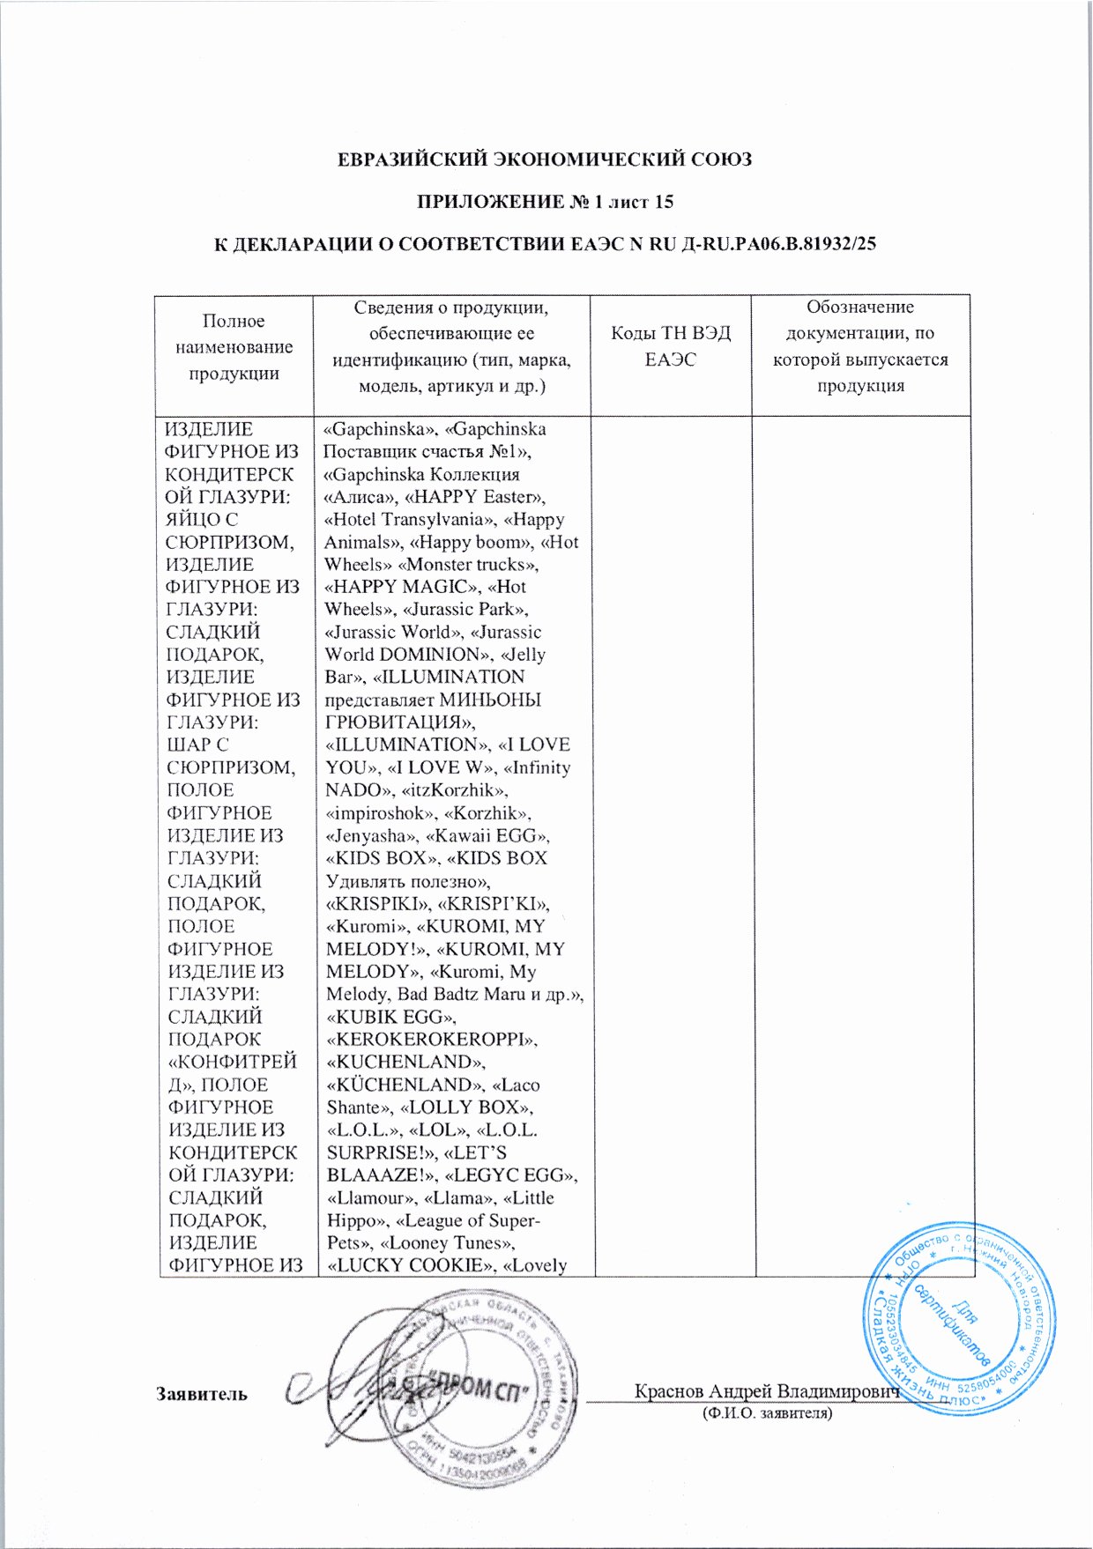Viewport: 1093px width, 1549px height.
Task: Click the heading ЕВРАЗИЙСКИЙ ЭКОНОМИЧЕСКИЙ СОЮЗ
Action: (546, 160)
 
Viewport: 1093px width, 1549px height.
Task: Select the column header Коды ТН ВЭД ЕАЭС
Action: (670, 346)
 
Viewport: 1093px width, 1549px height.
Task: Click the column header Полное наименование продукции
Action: (234, 347)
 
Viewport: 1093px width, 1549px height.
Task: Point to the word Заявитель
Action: (202, 1394)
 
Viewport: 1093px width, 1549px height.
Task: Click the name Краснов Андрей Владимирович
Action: (766, 1391)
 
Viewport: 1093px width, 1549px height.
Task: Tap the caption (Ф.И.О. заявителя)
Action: (766, 1413)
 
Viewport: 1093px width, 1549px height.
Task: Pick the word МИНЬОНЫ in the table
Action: (490, 700)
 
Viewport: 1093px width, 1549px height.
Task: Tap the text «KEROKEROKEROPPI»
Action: (431, 1040)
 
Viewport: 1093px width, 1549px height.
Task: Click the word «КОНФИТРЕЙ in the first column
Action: (232, 1063)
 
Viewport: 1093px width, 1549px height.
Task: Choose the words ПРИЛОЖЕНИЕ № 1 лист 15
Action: (545, 203)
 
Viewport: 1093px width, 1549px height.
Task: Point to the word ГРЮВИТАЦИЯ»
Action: (399, 723)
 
